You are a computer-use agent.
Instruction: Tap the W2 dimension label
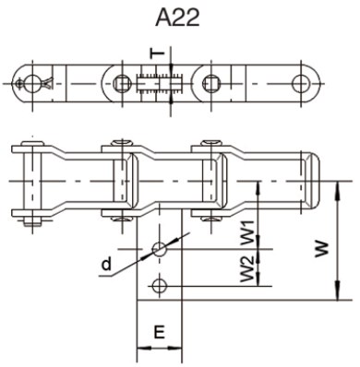pos(246,269)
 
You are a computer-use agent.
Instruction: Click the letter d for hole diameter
pos(107,267)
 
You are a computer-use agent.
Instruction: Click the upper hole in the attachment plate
pos(160,248)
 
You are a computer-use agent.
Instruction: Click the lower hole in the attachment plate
pos(160,284)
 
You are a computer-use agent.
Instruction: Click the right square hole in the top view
pos(211,83)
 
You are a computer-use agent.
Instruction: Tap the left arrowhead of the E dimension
pos(140,351)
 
